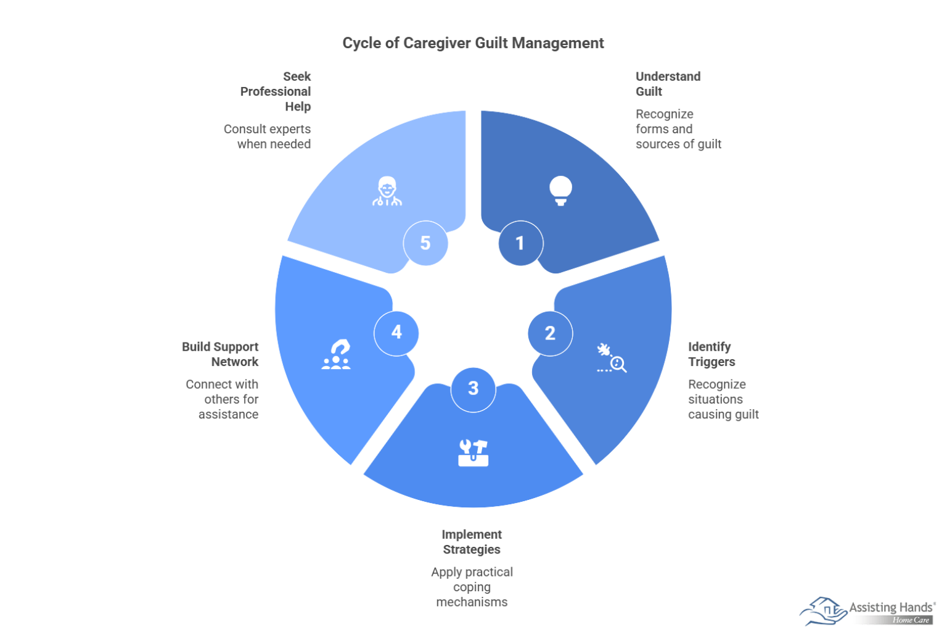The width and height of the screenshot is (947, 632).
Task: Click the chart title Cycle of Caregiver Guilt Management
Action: tap(473, 43)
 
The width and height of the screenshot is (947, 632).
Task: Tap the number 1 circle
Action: tap(520, 243)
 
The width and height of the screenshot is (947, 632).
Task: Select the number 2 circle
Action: tap(550, 333)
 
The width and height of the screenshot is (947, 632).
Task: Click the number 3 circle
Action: tap(473, 389)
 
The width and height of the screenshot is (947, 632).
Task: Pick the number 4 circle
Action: tap(396, 333)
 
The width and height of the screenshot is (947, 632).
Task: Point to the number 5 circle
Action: tap(425, 243)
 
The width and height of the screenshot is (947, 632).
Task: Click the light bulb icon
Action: tap(560, 191)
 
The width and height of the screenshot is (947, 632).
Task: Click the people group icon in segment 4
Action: tap(336, 355)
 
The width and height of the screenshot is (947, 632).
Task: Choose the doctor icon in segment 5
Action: tap(387, 191)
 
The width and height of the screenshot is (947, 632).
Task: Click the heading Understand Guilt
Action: tap(667, 84)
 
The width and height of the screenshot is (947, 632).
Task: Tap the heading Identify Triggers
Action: tap(711, 354)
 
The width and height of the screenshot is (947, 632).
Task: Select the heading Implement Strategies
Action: tap(472, 542)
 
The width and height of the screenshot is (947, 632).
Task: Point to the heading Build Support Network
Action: tap(220, 354)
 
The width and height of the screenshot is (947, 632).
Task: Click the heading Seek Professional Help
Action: tap(276, 91)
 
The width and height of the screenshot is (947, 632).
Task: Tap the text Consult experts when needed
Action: tap(268, 136)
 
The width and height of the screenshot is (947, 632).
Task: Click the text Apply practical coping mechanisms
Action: tap(472, 587)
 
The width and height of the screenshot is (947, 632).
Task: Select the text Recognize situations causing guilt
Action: tap(723, 399)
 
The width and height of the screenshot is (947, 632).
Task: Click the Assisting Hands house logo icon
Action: tap(823, 611)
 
